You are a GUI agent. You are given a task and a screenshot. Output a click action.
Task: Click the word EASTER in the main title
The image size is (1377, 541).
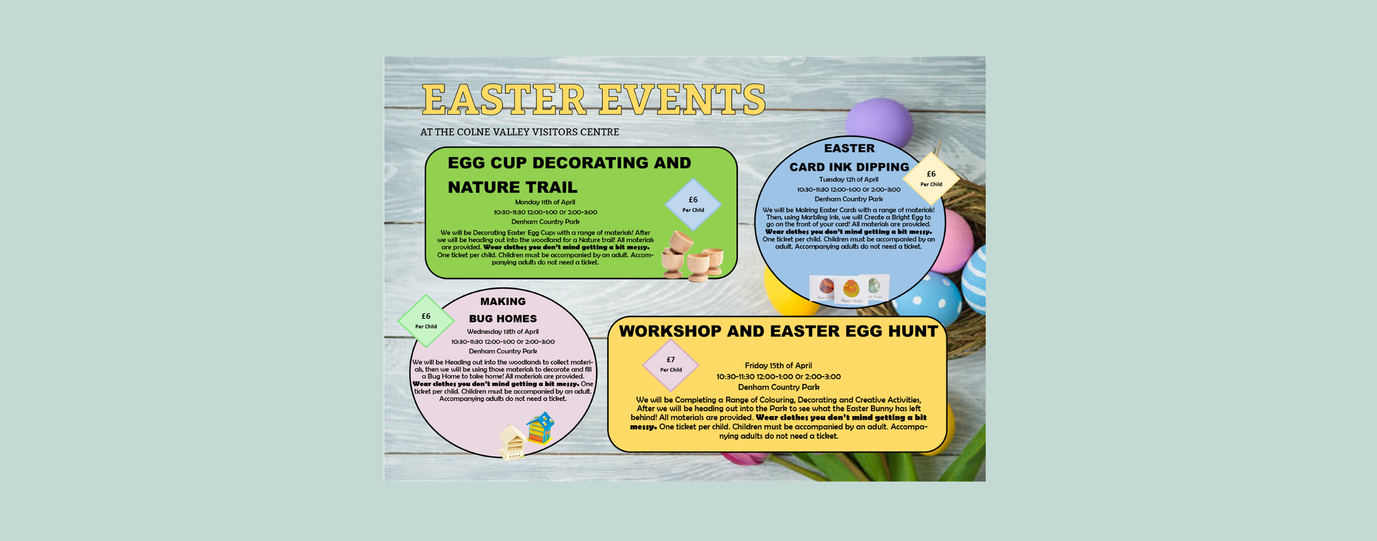click(x=504, y=99)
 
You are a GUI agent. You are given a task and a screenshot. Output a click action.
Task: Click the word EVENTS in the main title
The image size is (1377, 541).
click(x=682, y=99)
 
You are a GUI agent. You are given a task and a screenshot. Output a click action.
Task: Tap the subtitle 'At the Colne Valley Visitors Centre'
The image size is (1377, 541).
click(x=519, y=132)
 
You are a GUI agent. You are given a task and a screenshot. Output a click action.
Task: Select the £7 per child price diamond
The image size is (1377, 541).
click(x=671, y=365)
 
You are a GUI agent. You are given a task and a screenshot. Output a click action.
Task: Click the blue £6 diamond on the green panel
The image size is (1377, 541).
click(x=693, y=204)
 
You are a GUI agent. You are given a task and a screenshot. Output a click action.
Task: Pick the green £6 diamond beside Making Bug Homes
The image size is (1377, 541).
click(x=426, y=321)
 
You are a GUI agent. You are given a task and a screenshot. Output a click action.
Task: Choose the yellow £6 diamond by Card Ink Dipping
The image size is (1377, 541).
click(x=931, y=178)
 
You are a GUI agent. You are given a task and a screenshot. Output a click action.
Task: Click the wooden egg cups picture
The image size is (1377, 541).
click(x=692, y=257)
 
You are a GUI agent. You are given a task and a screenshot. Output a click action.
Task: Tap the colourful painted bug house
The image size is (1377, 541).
click(x=541, y=427)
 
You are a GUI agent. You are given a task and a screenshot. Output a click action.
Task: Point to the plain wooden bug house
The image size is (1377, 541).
click(x=512, y=442)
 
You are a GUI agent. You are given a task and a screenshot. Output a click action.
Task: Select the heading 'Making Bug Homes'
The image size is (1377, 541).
click(x=503, y=310)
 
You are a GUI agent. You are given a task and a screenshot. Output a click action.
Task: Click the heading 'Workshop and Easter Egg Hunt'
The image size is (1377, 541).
click(x=778, y=331)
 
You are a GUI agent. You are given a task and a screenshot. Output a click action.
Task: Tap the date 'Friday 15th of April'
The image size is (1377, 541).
click(x=778, y=366)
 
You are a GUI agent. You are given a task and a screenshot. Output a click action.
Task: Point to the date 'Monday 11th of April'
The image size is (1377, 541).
click(x=545, y=202)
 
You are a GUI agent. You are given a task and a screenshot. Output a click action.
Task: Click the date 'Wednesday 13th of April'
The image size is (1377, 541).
click(x=502, y=331)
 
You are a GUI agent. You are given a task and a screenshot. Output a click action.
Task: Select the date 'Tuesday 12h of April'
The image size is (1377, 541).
click(x=848, y=179)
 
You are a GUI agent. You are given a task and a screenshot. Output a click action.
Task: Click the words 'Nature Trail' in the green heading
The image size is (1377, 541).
click(x=512, y=187)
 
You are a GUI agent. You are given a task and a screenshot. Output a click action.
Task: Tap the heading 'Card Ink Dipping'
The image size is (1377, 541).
click(x=849, y=167)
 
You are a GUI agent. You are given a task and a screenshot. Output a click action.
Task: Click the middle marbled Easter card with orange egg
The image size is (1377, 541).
click(x=851, y=289)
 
